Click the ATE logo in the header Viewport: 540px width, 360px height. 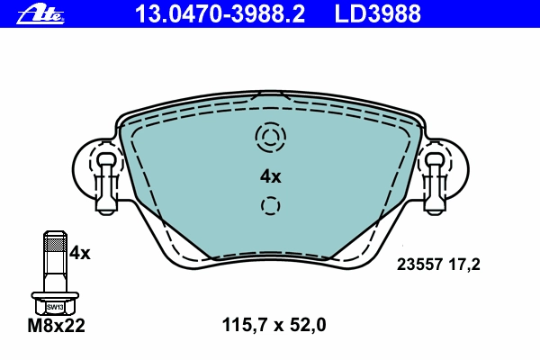[x=40, y=15]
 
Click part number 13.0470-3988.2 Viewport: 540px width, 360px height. [x=220, y=14]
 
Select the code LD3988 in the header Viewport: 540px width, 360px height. [x=378, y=14]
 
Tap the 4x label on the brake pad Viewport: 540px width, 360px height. [x=270, y=176]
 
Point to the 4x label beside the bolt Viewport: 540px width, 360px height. [x=79, y=253]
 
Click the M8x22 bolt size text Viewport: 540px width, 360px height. [x=56, y=326]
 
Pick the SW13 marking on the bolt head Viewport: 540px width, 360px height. [x=55, y=307]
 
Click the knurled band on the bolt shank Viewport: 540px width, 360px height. [x=55, y=245]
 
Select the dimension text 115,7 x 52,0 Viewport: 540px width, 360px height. [x=274, y=325]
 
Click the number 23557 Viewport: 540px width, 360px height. [x=419, y=265]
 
